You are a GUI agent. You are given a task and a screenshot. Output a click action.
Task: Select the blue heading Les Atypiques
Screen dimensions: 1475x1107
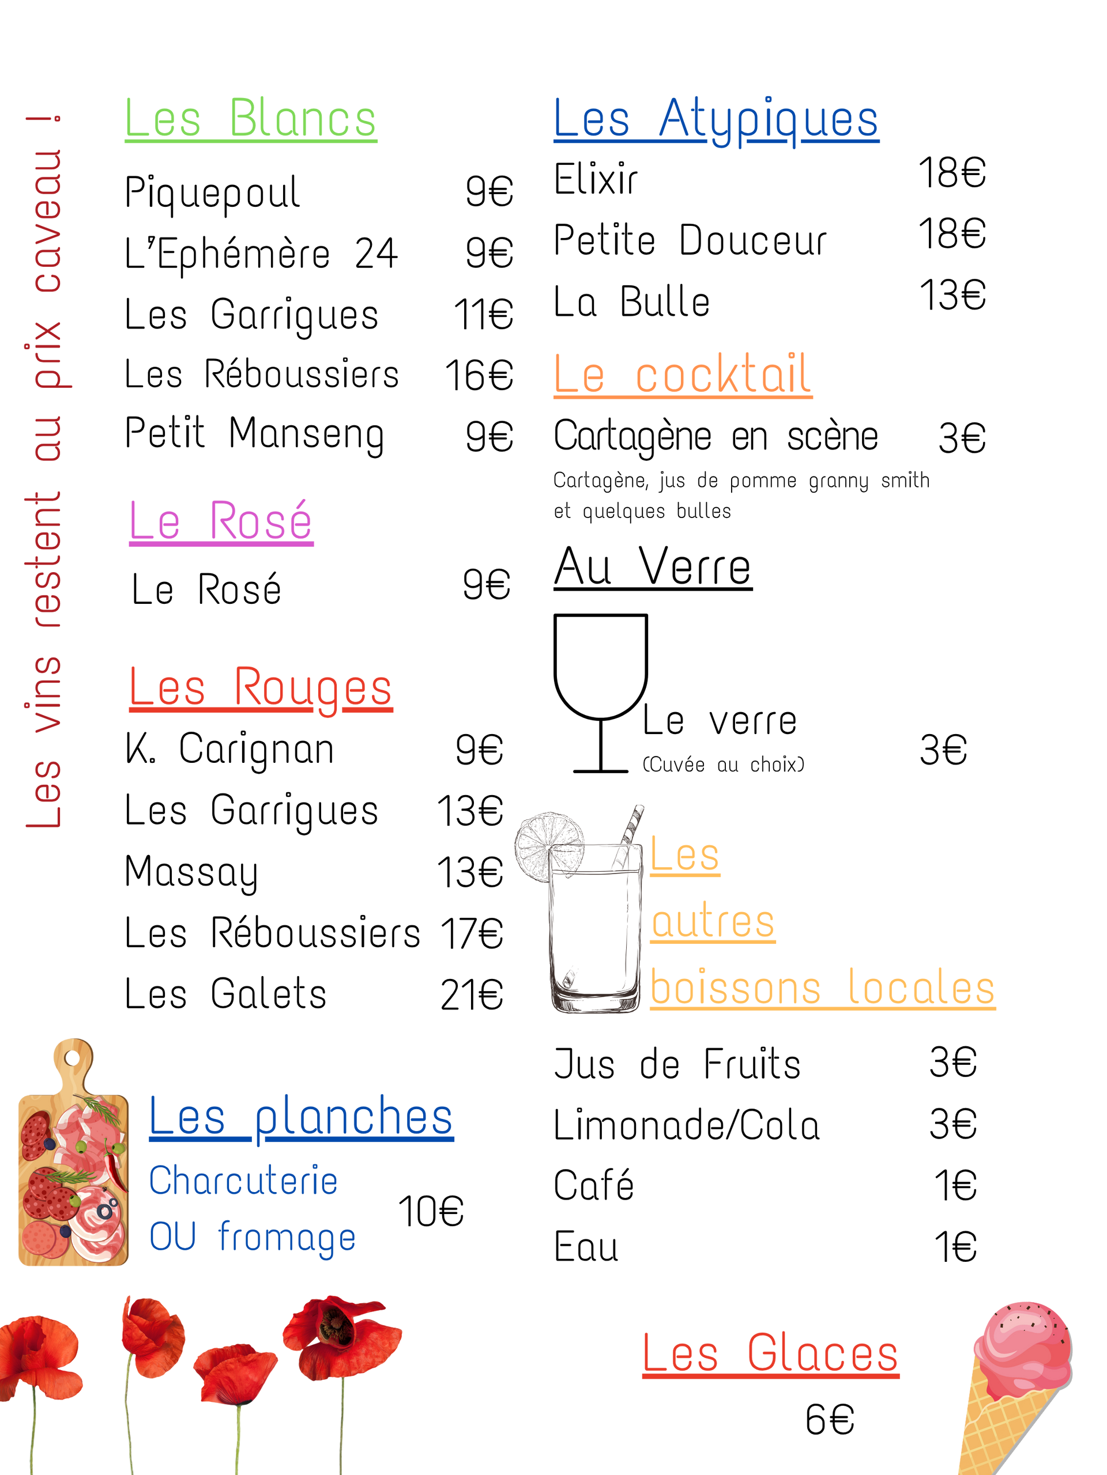pos(716,120)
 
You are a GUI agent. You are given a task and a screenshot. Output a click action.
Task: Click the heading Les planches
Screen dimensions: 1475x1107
pos(301,1118)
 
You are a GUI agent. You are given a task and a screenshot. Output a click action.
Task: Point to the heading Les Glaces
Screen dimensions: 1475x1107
pos(770,1353)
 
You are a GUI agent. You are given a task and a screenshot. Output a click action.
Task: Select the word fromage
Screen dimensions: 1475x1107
pos(287,1238)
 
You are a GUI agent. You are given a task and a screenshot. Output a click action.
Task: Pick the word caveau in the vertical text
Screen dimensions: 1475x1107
pos(48,220)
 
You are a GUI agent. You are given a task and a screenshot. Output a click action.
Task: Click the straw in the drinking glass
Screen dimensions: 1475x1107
pos(630,834)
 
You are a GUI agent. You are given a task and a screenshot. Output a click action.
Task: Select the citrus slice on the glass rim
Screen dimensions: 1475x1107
pos(548,844)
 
